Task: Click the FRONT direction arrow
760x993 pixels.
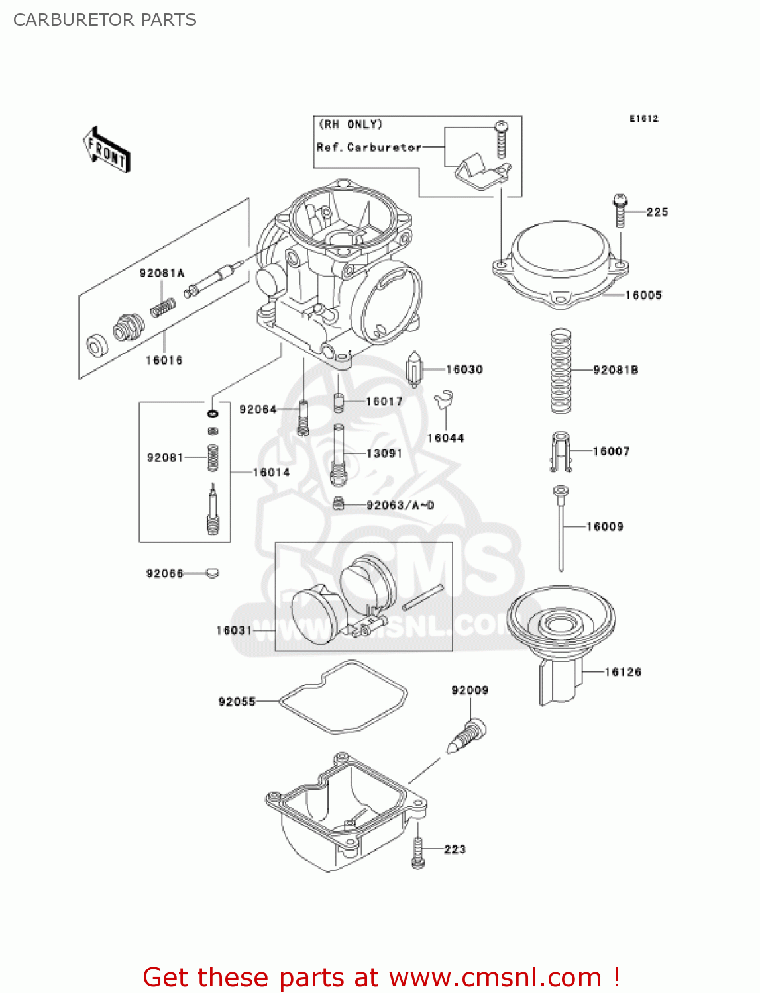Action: coord(107,150)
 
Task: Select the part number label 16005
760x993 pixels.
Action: coord(643,295)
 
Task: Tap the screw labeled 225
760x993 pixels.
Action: coord(620,211)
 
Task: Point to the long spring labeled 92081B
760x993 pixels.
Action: coord(561,371)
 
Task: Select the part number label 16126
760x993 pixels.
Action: coord(623,672)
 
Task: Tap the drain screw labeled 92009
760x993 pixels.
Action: coord(470,735)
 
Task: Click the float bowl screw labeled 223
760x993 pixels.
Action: coord(418,851)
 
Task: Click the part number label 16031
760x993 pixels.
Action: coord(234,630)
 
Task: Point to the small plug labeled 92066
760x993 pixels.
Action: coord(212,573)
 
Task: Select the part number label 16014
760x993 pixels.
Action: coord(272,472)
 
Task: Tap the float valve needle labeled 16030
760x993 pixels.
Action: coord(414,369)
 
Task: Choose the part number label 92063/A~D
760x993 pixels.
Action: coord(400,506)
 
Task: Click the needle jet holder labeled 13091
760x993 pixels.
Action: coord(339,454)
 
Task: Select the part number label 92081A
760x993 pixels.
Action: coord(162,273)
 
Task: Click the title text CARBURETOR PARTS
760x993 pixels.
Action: coord(105,20)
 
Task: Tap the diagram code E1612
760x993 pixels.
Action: coord(643,118)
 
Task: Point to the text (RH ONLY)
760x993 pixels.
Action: coord(351,124)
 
